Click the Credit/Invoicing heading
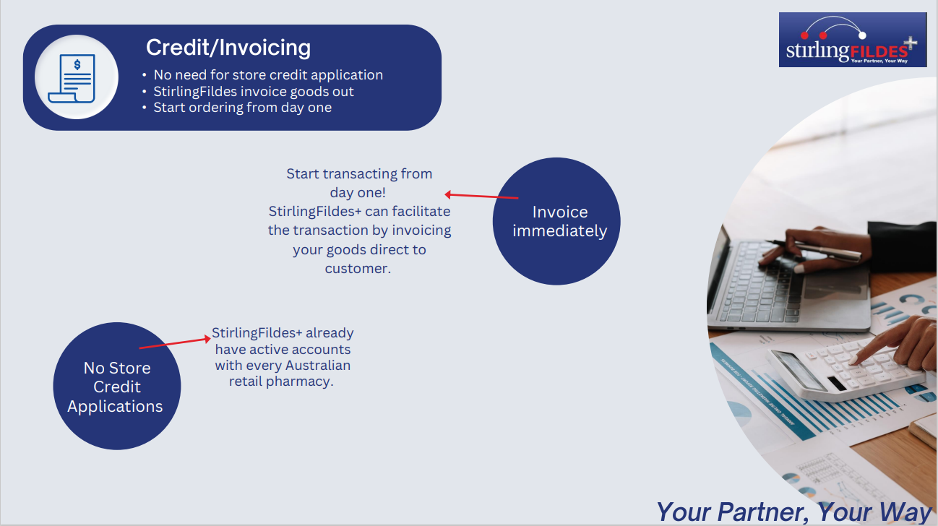tap(228, 47)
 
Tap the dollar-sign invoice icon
tap(72, 78)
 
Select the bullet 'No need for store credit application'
tap(268, 75)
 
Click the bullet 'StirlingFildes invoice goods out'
tap(254, 91)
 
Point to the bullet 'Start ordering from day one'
tap(243, 108)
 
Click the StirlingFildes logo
tap(853, 40)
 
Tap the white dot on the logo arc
tap(862, 35)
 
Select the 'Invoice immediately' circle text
tap(560, 221)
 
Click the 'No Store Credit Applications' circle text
tap(116, 387)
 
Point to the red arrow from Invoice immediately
tap(481, 196)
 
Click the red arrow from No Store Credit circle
tap(175, 342)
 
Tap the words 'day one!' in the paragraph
tap(358, 193)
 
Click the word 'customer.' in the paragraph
tap(358, 269)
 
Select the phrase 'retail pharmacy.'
tap(281, 381)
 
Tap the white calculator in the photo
tap(846, 368)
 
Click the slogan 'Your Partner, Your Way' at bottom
tap(793, 512)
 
